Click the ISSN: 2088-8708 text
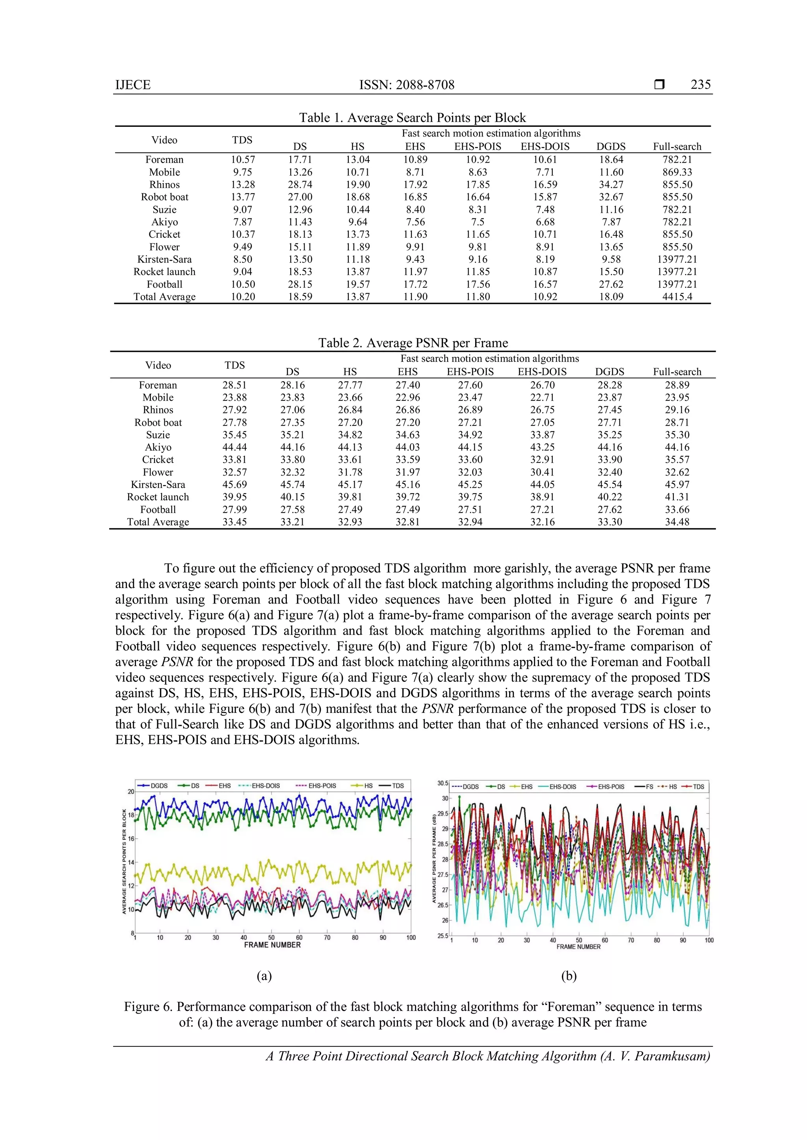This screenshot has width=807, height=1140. click(407, 85)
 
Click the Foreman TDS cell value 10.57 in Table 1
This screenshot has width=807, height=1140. click(242, 159)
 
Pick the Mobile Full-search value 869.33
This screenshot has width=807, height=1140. click(677, 172)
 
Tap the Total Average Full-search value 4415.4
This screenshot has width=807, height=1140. click(677, 297)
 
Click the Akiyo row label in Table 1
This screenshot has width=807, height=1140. click(164, 222)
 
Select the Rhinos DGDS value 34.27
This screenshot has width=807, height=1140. click(611, 185)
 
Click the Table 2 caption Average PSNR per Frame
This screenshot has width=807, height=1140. click(413, 343)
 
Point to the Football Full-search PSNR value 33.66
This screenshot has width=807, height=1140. click(677, 509)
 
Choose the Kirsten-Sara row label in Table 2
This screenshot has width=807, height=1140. click(158, 485)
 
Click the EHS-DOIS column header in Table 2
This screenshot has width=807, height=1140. click(542, 372)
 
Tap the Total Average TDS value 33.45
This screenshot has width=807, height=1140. click(234, 522)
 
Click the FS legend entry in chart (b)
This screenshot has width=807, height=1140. click(649, 787)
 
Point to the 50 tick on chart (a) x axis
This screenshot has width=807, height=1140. click(271, 937)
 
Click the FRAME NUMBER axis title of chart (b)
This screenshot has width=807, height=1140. click(578, 947)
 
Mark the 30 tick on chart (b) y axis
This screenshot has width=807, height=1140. click(445, 798)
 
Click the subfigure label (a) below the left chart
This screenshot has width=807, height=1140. click(264, 976)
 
